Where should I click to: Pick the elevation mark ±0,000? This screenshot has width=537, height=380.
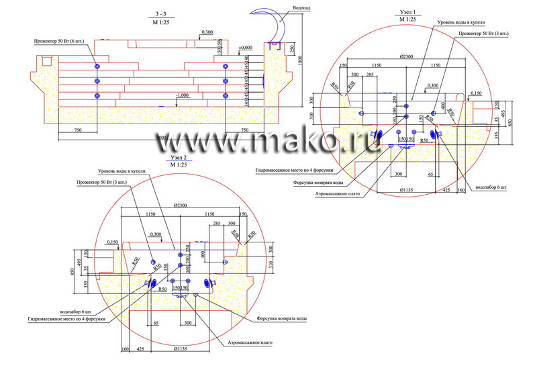pos(245,48)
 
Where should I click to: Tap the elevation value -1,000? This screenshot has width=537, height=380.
pos(181,95)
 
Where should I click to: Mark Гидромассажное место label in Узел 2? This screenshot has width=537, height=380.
pos(66,319)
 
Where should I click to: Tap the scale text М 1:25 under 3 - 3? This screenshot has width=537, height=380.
pos(160,21)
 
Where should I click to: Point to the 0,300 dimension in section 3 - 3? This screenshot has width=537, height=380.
pos(207,32)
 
